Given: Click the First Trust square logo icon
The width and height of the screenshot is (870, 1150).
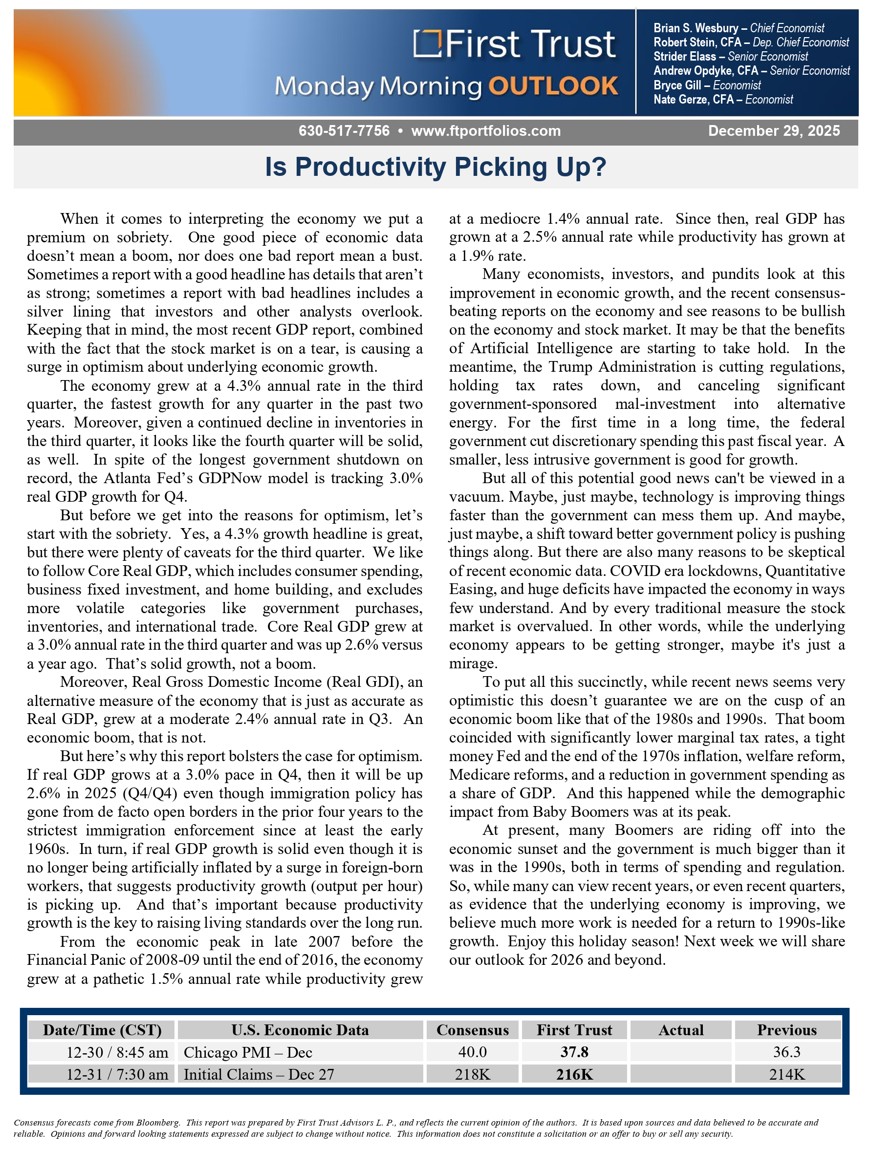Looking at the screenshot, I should click(426, 43).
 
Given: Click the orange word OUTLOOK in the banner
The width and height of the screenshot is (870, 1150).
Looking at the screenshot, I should click(553, 86).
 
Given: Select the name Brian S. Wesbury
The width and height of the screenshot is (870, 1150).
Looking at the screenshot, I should click(696, 28).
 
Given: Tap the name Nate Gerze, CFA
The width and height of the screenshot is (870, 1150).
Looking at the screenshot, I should click(693, 99).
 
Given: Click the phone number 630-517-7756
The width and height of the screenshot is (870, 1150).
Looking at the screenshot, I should click(344, 131).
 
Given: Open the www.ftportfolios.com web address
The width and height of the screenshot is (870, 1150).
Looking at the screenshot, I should click(486, 131).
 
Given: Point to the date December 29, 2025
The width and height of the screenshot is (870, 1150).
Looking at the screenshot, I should click(774, 131).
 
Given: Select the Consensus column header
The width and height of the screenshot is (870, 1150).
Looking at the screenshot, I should click(472, 1030).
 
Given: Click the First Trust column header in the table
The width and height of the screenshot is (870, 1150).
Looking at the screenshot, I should click(574, 1030).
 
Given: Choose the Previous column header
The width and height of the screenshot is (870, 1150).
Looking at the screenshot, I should click(786, 1030).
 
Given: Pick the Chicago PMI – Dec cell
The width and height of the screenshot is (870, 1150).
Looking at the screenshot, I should click(248, 1052).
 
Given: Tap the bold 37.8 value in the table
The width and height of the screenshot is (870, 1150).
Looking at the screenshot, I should click(574, 1052).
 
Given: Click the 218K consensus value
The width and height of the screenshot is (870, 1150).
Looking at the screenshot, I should click(472, 1074).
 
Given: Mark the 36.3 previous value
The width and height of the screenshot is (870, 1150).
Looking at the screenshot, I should click(786, 1052).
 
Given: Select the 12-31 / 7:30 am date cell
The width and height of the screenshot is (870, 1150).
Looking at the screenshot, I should click(117, 1074).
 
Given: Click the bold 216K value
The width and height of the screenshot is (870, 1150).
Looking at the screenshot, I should click(574, 1074).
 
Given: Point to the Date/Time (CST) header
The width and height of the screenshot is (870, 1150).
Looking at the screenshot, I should click(102, 1030).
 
